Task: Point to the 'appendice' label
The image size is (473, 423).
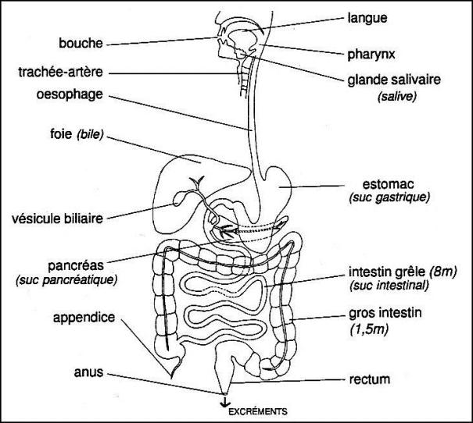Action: pos(85,318)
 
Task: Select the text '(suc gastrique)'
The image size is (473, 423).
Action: pos(390,199)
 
